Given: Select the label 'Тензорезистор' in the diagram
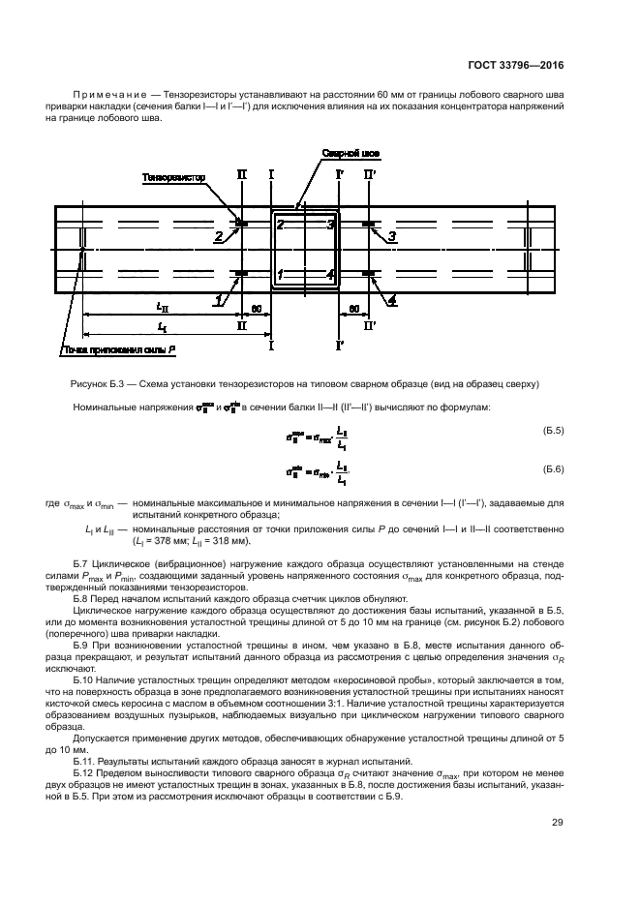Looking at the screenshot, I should pos(174,177).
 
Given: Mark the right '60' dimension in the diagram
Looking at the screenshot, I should pos(354,307).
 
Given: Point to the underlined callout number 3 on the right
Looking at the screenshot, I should pos(391,236).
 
